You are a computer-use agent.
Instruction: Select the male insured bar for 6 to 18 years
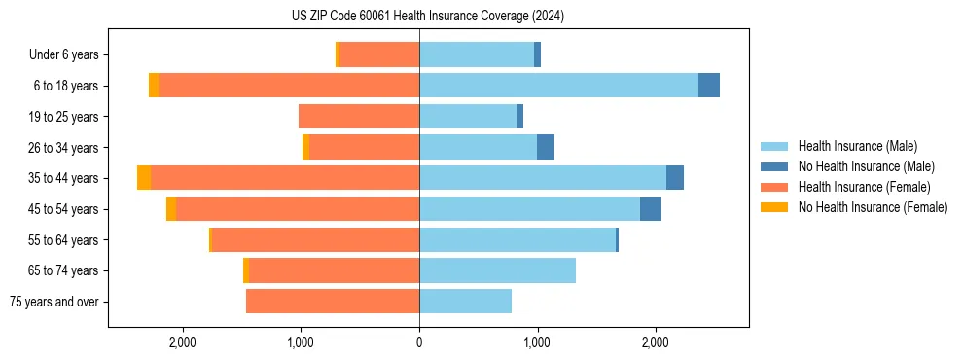click(558, 86)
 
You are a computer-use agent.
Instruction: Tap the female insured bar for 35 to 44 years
click(285, 178)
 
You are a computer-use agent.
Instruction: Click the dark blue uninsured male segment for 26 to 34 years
click(546, 147)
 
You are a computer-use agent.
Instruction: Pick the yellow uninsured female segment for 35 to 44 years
click(144, 178)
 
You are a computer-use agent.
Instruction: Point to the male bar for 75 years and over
click(465, 302)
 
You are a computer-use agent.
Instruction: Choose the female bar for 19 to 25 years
click(359, 117)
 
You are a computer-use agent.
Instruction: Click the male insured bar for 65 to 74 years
click(497, 270)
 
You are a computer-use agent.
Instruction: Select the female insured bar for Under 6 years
click(379, 54)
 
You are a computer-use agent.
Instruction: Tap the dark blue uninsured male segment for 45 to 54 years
click(651, 209)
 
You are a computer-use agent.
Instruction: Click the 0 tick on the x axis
click(419, 342)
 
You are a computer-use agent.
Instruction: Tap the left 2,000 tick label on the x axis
click(183, 342)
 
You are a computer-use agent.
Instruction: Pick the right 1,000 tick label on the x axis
click(537, 342)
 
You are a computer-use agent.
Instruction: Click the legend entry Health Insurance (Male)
click(857, 146)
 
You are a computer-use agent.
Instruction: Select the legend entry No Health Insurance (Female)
click(873, 207)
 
